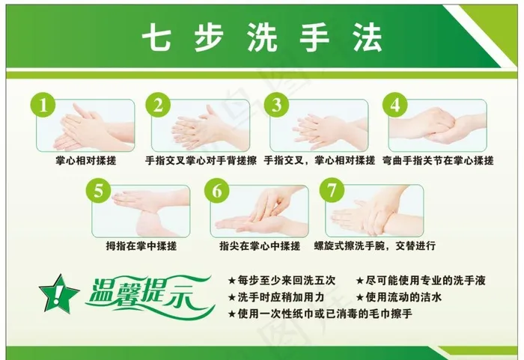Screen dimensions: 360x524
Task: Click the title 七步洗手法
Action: pyautogui.click(x=261, y=36)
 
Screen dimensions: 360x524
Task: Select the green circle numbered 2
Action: pyautogui.click(x=158, y=106)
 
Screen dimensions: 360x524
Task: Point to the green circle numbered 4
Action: pyautogui.click(x=394, y=106)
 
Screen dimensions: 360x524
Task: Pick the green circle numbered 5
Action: pyautogui.click(x=99, y=191)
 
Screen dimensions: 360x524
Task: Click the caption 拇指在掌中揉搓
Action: pyautogui.click(x=141, y=245)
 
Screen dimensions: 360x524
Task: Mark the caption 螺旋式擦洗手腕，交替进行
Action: pyautogui.click(x=380, y=245)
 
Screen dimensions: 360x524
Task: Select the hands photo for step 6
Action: pyautogui.click(x=258, y=211)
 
